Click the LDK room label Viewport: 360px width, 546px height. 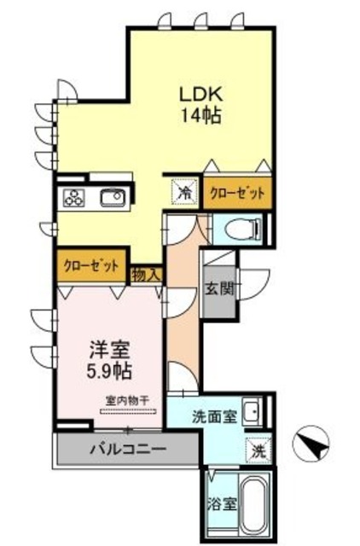200,92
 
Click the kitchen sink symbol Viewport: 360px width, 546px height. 113,199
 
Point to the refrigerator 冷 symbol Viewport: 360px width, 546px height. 183,192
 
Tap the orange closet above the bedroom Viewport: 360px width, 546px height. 91,265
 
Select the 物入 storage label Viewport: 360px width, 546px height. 145,274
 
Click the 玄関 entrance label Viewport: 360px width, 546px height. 215,288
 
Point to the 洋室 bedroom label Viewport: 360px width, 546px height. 108,349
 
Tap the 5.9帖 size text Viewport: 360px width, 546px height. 108,371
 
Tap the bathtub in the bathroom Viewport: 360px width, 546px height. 255,504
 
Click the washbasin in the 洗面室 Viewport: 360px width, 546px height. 253,415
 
